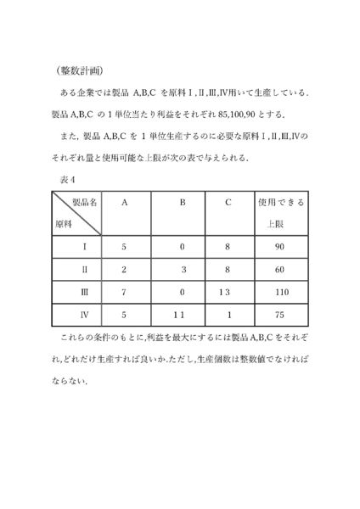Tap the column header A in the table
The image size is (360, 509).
(x=125, y=204)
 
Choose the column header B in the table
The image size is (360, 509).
(x=182, y=204)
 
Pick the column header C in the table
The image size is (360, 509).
(x=228, y=204)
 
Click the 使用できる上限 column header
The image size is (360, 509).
(x=280, y=214)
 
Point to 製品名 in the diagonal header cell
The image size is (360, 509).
(x=84, y=204)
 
